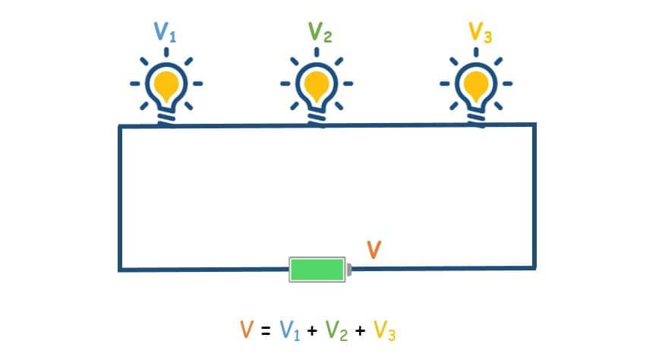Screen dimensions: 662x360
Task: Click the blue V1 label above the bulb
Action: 165,32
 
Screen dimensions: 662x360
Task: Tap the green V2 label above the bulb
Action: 320,32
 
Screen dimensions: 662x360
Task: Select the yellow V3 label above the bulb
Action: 481,32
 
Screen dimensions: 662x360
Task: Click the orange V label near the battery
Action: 374,249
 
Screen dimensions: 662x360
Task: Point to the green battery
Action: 317,269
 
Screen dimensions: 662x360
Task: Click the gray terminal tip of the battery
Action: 349,269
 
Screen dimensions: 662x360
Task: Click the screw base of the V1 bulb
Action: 166,118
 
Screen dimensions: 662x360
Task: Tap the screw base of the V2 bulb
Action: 317,118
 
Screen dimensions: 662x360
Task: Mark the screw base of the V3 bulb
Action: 476,118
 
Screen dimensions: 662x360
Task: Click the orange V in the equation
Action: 247,329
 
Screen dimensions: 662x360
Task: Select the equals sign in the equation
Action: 266,330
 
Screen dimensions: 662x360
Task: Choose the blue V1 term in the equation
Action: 290,330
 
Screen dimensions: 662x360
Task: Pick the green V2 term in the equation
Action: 337,330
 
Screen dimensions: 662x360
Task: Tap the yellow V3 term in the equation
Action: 385,330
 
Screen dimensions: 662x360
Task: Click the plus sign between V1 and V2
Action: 313,330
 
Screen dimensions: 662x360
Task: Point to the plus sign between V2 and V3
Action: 360,330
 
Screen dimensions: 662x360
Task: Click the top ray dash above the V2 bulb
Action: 317,52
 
